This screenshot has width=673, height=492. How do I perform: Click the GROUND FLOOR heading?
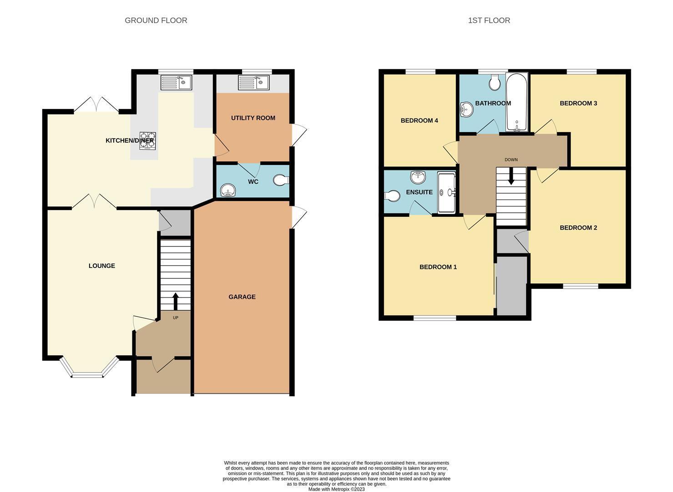point(156,20)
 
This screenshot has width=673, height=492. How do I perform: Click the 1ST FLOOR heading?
point(489,20)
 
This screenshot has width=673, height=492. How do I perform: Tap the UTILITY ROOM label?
point(253,118)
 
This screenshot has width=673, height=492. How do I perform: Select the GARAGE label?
point(242,297)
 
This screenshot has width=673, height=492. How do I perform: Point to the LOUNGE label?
point(102,266)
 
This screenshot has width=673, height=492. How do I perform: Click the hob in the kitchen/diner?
point(148,141)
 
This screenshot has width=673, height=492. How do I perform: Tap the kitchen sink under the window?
point(177,82)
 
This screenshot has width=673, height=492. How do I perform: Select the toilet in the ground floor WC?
point(281,180)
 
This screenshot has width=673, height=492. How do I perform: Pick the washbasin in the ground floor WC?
point(228,190)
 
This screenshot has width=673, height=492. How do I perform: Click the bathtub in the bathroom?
point(517,102)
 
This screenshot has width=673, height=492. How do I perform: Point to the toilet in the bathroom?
point(495,82)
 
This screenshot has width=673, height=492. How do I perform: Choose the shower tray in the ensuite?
point(446,192)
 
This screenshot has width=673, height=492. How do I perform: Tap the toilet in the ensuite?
point(392,196)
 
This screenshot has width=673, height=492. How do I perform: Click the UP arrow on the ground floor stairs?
point(176,301)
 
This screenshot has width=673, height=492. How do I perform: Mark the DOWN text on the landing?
point(511,160)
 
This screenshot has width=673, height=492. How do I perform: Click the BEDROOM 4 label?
point(419,121)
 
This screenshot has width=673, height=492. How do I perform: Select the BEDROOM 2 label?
point(578,228)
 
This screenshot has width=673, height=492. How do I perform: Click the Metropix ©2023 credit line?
point(337,489)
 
